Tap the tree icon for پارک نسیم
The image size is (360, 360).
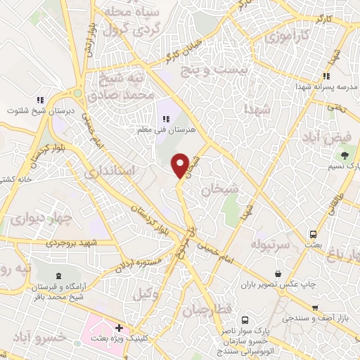coord(345,155)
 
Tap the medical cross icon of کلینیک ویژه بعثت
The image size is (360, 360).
coord(120,328)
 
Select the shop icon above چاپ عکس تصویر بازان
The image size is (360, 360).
coord(278,273)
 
